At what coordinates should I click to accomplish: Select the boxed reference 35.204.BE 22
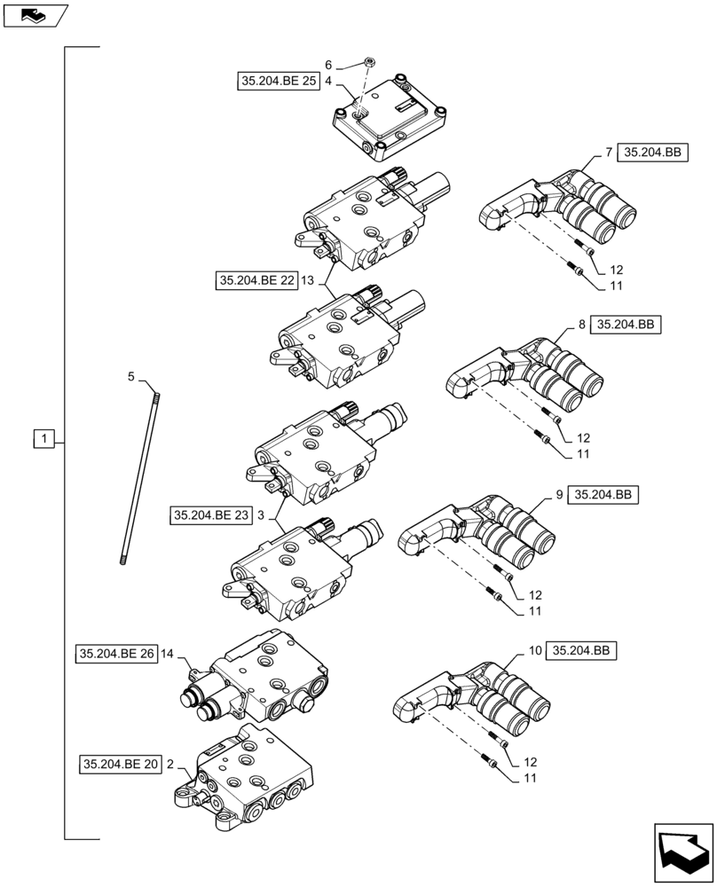tap(256, 281)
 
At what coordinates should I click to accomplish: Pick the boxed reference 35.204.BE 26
tap(116, 654)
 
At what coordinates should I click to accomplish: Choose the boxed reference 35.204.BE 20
tap(121, 764)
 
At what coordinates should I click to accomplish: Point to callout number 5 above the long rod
tap(131, 377)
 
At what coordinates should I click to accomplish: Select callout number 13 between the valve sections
tap(308, 281)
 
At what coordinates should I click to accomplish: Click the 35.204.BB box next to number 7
tap(652, 153)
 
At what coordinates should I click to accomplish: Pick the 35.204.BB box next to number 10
tap(581, 651)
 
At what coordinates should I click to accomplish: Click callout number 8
tap(581, 325)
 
